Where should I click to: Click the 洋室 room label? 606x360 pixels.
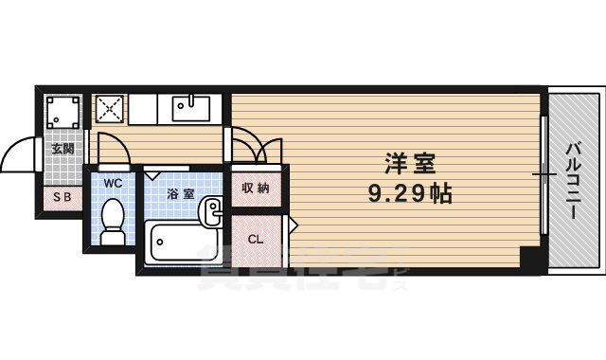(x=409, y=164)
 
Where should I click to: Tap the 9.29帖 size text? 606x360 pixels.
(x=409, y=194)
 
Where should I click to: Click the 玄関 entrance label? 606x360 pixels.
(x=62, y=149)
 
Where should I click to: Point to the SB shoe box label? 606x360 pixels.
(x=62, y=197)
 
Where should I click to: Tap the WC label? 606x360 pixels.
(x=114, y=182)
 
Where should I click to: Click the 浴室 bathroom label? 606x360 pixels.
(x=181, y=193)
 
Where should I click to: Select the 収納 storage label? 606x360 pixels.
(x=256, y=188)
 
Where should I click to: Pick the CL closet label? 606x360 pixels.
(x=256, y=238)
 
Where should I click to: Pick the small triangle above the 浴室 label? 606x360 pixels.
(x=153, y=175)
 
